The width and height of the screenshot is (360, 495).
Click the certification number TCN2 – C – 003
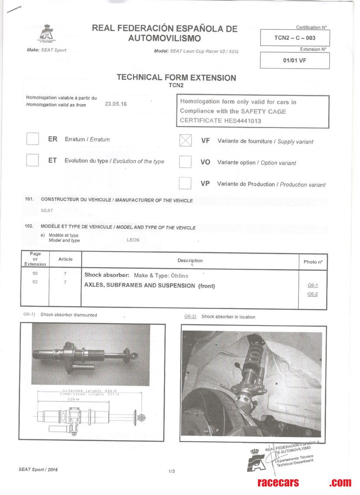(294, 38)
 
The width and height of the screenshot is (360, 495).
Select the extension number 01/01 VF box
(294, 60)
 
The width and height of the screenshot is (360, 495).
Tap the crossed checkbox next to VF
(185, 140)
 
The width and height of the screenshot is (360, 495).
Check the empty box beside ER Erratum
(33, 139)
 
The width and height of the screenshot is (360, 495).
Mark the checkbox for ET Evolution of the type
(33, 160)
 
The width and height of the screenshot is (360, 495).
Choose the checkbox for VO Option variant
(185, 162)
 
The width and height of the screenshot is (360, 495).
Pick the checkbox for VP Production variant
(185, 183)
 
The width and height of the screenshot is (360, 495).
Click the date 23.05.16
(116, 104)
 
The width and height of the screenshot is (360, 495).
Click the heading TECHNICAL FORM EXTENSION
(176, 78)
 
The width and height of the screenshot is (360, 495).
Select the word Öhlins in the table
(179, 275)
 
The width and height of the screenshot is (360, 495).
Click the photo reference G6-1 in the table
(312, 285)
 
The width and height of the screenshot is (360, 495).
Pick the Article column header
(66, 259)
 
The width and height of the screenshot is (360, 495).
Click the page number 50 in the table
(35, 274)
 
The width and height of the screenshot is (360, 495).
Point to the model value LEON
(133, 240)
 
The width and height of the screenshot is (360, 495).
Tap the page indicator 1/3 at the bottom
(171, 472)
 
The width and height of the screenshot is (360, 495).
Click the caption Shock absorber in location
(228, 317)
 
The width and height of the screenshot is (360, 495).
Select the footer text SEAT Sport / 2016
(38, 469)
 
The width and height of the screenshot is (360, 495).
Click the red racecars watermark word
(278, 482)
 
